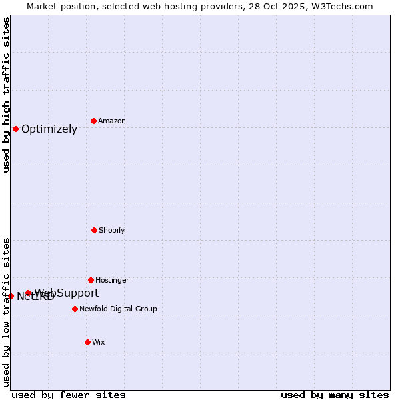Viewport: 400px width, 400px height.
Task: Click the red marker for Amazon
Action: (x=93, y=121)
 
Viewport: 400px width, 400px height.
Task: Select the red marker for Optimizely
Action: (x=15, y=129)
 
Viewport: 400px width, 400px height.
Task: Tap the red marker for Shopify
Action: (x=94, y=230)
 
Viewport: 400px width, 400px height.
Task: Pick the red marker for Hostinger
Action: (x=91, y=280)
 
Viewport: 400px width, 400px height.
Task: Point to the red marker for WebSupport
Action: (x=28, y=293)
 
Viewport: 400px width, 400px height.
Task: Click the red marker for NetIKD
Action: (x=11, y=296)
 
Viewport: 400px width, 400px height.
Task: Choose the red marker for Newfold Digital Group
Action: (x=75, y=309)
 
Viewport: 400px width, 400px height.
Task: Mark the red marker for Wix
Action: (x=87, y=342)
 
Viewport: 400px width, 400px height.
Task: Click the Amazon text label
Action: (x=112, y=121)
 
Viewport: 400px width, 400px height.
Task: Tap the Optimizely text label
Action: (x=49, y=129)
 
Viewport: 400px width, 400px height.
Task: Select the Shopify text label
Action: (x=112, y=230)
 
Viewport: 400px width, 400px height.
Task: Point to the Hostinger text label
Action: (x=112, y=280)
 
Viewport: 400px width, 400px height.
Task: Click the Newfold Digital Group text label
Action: (x=118, y=309)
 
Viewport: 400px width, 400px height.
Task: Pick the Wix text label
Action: (x=99, y=342)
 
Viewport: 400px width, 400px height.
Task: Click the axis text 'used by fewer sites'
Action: (x=69, y=395)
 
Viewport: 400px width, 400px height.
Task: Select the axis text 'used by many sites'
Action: (x=335, y=395)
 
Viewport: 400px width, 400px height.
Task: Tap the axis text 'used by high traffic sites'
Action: (x=6, y=95)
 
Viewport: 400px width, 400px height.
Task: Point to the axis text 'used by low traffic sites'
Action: (x=6, y=312)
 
